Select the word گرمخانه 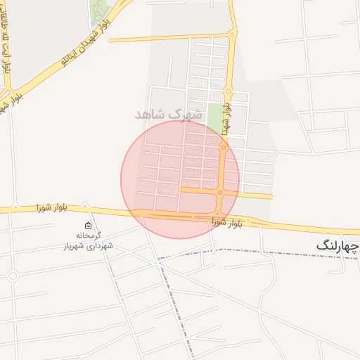[89, 236]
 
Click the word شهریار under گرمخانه [74, 246]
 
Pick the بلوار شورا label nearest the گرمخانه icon [53, 207]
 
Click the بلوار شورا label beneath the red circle [226, 223]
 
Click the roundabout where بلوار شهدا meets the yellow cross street [220, 192]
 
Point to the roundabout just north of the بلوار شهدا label [228, 91]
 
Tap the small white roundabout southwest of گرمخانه [12, 276]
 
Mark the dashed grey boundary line [281, 252]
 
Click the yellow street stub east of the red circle [257, 195]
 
